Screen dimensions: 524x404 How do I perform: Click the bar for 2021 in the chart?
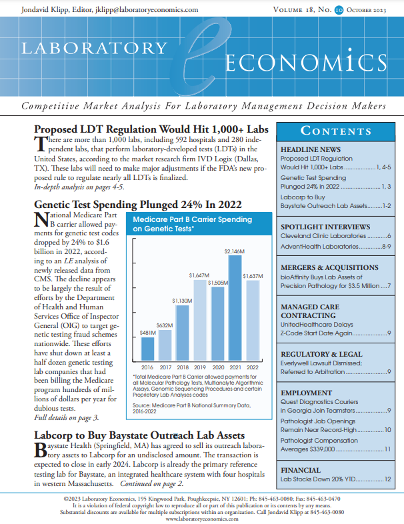coord(235,307)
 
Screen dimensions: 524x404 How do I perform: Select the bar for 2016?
coord(148,347)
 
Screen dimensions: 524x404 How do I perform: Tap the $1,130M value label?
coord(182,301)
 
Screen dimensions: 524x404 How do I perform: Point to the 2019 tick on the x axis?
coord(200,367)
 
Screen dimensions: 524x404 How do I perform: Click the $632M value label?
coord(165,325)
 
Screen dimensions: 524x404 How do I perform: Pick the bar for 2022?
coord(253,319)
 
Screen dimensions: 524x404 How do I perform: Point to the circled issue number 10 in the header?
coord(340,10)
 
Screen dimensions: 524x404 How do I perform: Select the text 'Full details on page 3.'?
coord(66,417)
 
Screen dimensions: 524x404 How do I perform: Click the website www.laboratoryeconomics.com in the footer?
coord(201,518)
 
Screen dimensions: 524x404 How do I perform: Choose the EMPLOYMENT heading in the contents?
coord(307,393)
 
